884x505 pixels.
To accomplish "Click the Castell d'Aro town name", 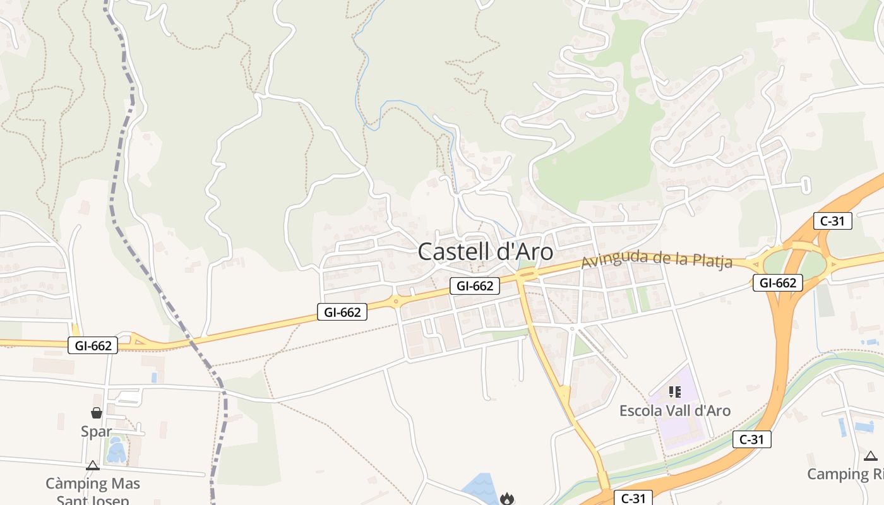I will coord(485,252).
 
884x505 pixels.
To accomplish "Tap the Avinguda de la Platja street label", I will coord(657,259).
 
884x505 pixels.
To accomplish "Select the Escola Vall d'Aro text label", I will coord(674,411).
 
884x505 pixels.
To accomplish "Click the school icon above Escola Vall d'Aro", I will coord(675,393).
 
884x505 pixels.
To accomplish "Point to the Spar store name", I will coord(96,432).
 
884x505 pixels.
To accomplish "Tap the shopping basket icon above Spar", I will coord(97,413).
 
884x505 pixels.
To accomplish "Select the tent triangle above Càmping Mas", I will coord(93,466).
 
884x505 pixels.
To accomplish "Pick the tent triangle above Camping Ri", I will coord(871,456).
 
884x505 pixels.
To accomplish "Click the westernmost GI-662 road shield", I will coord(93,345).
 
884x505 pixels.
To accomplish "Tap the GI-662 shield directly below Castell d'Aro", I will coord(475,286).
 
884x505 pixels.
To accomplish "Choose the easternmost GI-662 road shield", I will coord(777,283).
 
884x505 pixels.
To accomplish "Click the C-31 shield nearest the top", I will coord(833,221).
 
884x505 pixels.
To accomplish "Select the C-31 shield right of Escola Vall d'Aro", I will coord(751,439).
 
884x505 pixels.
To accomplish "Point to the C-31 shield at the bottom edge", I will coord(633,498).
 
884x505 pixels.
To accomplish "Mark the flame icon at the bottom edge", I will coord(506,499).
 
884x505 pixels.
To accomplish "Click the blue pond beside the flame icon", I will coord(482,487).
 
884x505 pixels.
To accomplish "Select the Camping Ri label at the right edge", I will coord(845,474).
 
